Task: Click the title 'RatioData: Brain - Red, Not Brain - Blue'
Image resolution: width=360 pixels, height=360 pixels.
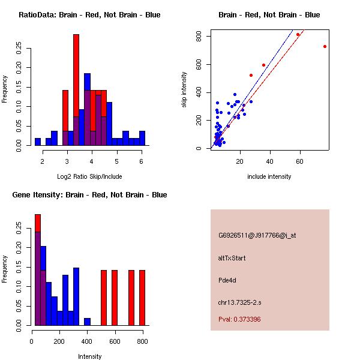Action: point(89,15)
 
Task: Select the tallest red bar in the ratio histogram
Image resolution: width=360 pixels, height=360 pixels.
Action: point(76,90)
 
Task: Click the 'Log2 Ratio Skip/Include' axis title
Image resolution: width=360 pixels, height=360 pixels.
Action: point(89,176)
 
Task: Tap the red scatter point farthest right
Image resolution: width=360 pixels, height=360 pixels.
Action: point(325,46)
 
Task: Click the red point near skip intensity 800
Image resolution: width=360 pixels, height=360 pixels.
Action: point(298,35)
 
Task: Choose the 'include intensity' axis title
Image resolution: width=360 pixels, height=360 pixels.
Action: point(269,176)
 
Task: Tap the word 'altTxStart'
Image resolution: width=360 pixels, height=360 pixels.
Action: point(232,258)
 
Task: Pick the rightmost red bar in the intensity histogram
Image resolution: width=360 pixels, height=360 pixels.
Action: point(142,297)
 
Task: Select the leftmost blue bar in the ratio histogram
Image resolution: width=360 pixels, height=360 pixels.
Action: point(38,142)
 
